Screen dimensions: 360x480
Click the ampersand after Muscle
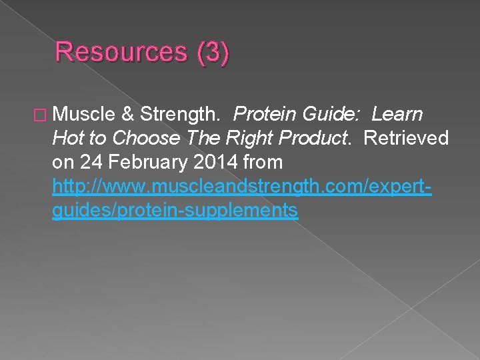128,114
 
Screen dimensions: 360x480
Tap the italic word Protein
265,114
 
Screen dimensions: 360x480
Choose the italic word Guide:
331,114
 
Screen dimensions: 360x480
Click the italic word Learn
398,114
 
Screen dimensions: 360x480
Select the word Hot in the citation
67,138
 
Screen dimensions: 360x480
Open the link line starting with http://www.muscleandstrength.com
242,186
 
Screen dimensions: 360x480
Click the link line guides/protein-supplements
175,210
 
